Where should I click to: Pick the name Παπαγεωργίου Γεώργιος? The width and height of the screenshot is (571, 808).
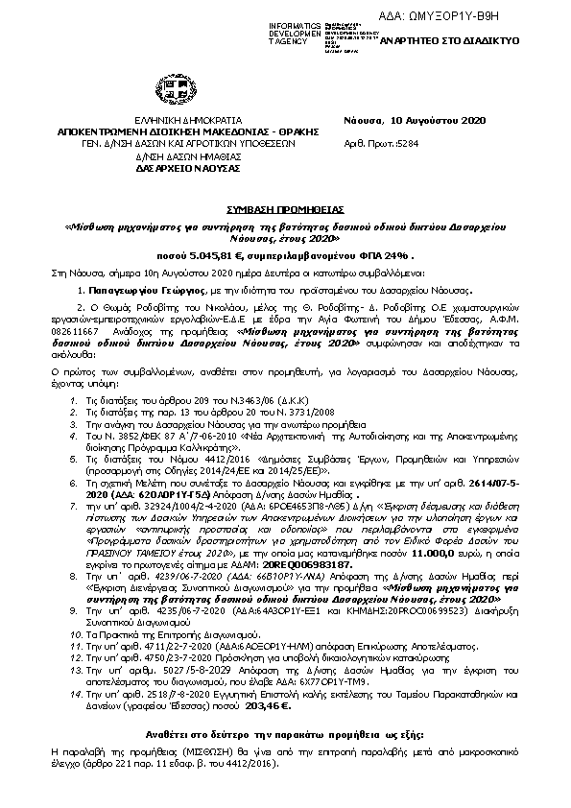[134, 288]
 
